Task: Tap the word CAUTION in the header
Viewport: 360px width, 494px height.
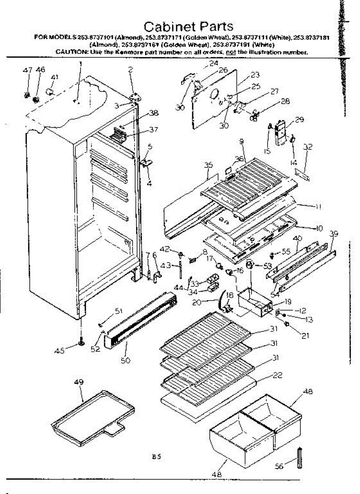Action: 70,52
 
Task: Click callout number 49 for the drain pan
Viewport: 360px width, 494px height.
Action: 79,382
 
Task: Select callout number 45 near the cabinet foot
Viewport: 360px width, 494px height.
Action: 60,351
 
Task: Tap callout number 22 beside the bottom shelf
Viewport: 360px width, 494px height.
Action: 278,375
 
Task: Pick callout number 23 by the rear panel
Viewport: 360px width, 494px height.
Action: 255,75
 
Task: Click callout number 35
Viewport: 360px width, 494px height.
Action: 208,165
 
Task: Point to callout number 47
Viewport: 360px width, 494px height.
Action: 27,70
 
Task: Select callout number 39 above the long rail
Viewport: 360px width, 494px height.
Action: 334,233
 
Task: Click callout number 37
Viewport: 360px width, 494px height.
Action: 153,130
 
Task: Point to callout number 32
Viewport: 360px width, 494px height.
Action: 308,147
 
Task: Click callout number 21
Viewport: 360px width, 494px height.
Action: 305,336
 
